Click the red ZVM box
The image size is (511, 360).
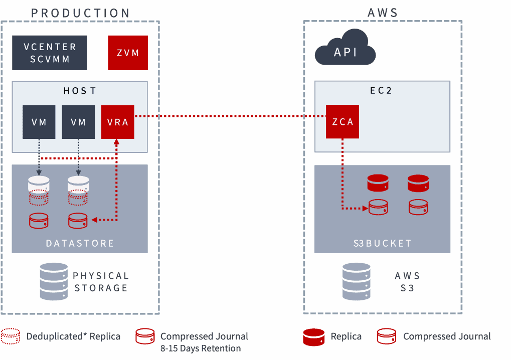point(128,53)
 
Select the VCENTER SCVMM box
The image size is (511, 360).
point(50,53)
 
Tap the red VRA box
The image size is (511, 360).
point(118,122)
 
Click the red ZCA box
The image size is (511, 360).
point(343,121)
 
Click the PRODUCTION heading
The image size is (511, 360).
point(80,13)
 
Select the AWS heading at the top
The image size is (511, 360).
point(383,13)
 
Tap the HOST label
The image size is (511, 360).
point(80,91)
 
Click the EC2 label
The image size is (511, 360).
point(382,91)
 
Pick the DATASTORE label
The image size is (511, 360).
point(80,243)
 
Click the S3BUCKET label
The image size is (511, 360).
point(382,243)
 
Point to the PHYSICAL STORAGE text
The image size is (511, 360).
point(101,282)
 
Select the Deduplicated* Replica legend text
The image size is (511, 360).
point(73,336)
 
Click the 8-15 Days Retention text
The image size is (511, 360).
point(201,348)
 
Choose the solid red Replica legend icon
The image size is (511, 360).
point(314,336)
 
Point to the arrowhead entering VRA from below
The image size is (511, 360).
point(117,143)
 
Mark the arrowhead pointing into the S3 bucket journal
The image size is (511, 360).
point(365,208)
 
